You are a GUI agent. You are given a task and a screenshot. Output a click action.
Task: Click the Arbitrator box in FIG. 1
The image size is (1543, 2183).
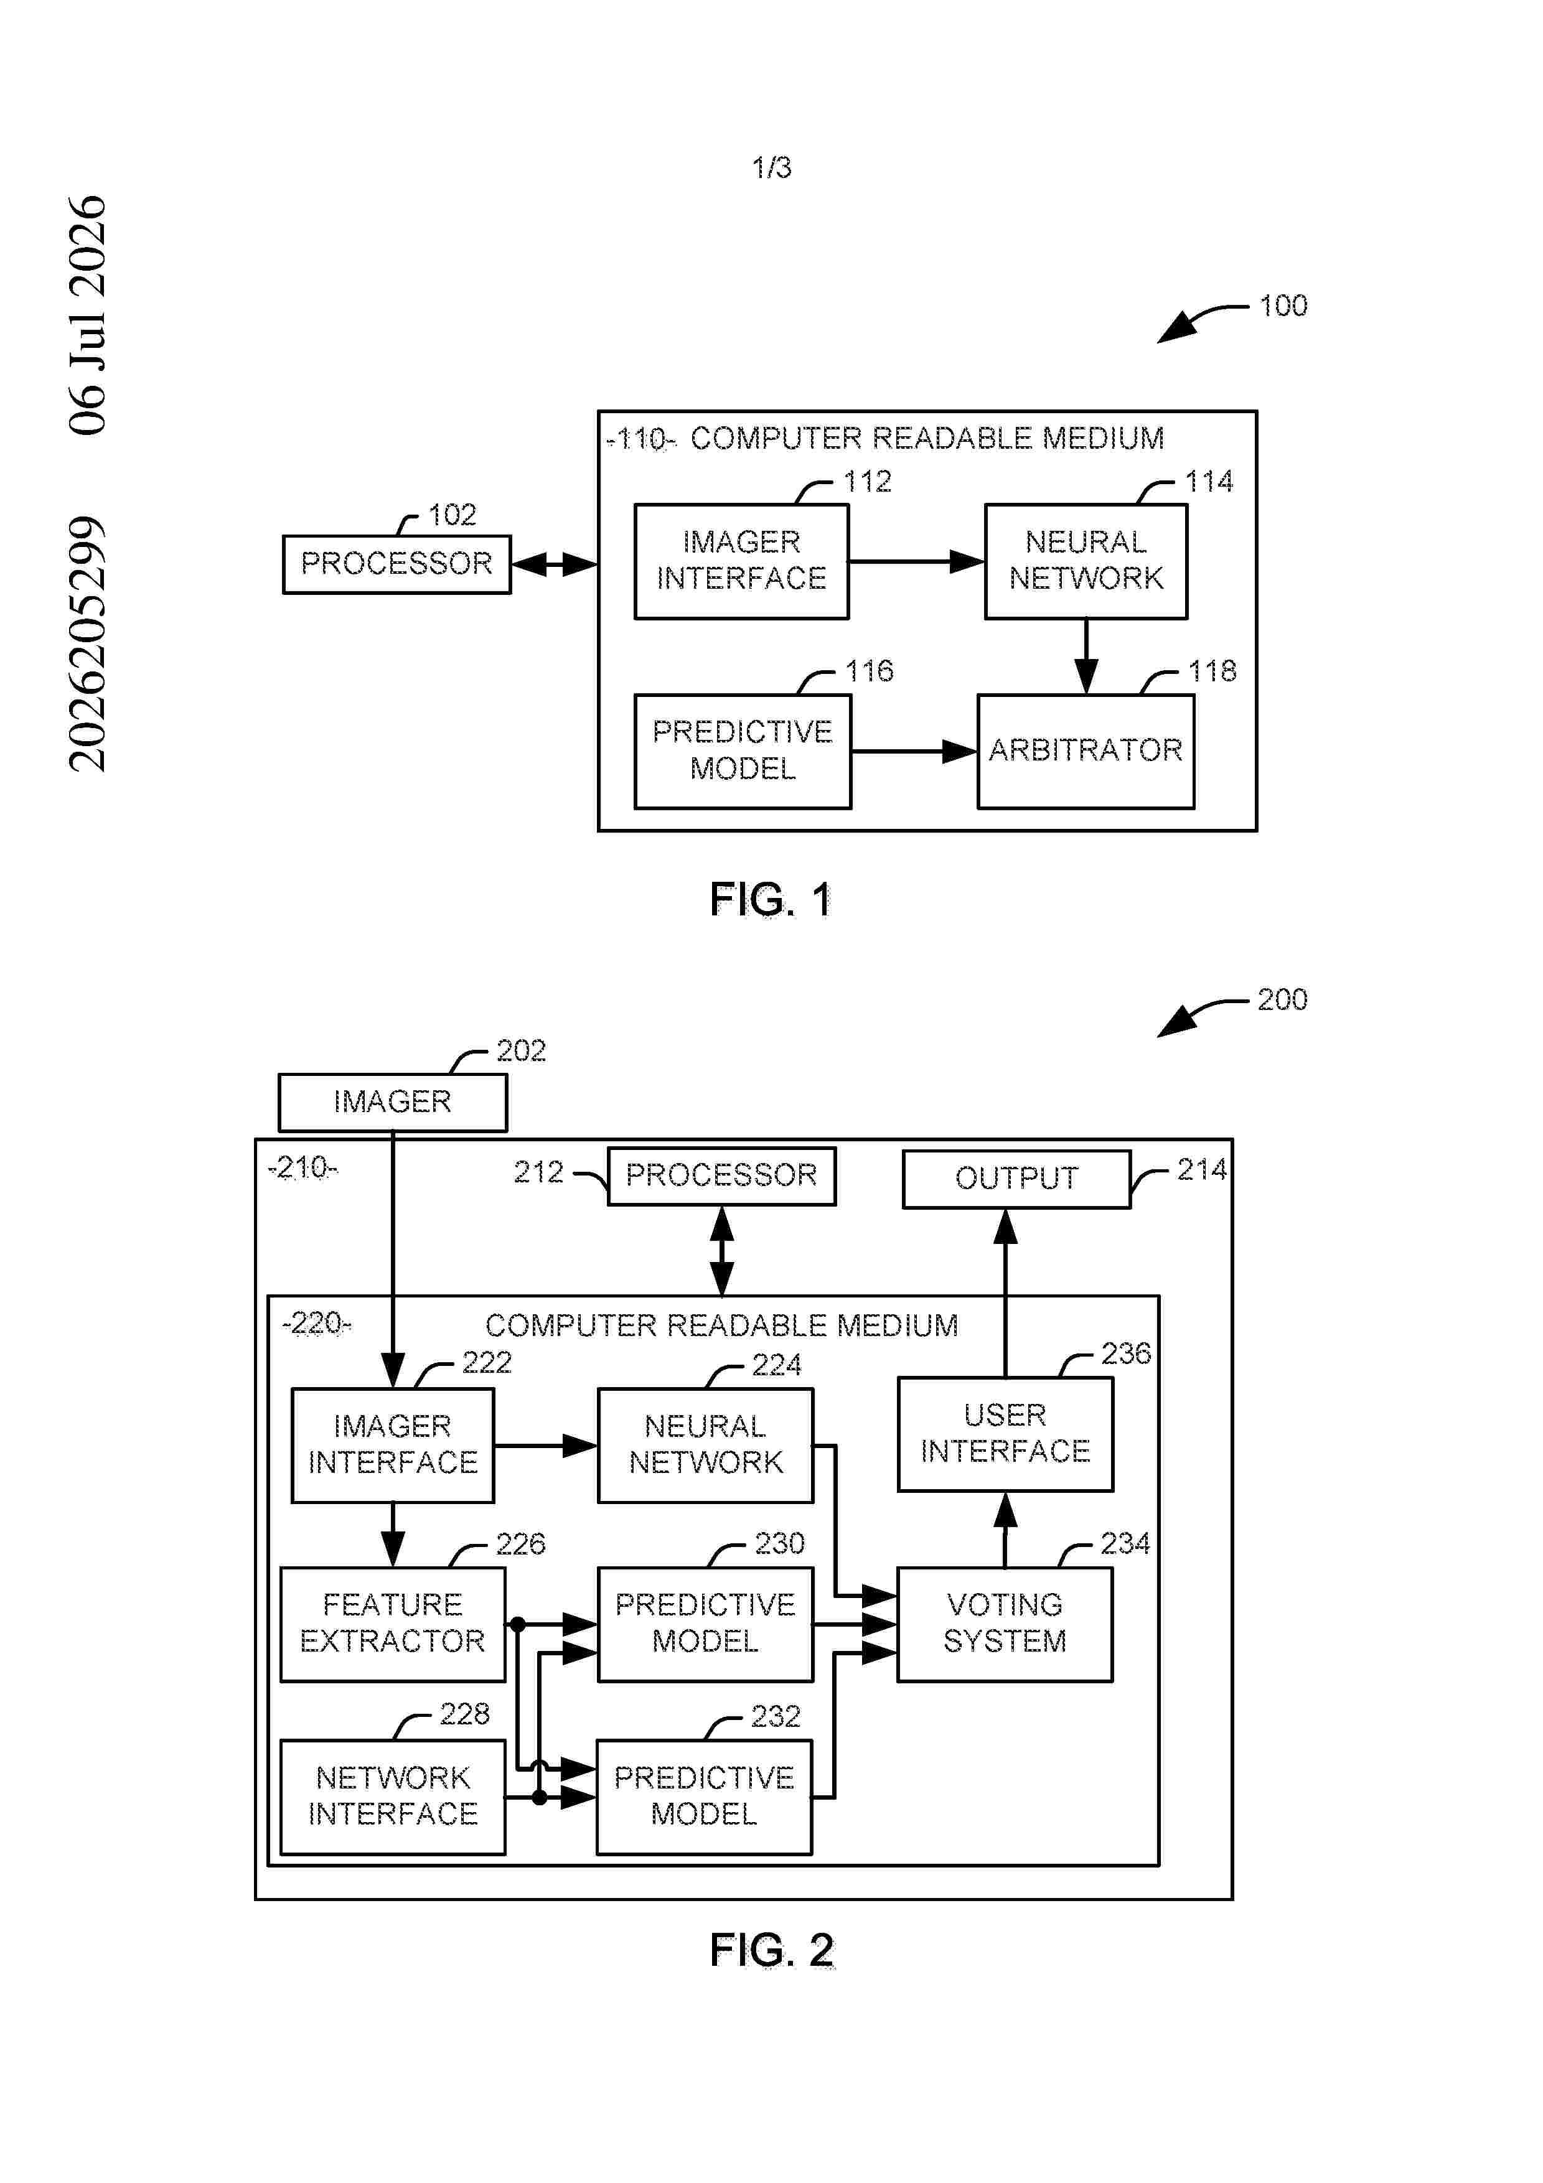point(1086,751)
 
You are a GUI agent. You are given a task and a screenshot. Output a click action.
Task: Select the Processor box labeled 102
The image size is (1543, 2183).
point(396,565)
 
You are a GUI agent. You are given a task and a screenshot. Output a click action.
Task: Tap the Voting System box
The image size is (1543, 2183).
point(1005,1624)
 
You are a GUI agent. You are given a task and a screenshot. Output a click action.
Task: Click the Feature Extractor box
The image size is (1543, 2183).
point(393,1624)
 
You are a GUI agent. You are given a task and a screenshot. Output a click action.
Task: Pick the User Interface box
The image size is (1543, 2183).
point(1005,1434)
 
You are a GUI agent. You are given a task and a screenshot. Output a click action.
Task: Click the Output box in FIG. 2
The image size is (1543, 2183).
point(1016,1179)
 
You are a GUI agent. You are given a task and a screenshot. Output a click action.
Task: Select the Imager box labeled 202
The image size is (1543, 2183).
point(393,1103)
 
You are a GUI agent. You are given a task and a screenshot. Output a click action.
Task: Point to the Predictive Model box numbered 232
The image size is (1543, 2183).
point(705,1797)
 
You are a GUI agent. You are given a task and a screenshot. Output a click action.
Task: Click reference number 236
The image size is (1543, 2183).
point(1125,1353)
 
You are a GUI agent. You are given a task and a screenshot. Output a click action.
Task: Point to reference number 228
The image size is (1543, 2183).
point(464,1714)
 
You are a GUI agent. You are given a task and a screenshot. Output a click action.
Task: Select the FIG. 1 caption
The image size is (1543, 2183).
point(771,899)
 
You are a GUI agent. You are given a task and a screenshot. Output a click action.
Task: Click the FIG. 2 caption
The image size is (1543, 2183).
point(771,1950)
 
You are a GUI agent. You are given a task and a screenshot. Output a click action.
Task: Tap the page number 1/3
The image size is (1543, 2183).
point(771,168)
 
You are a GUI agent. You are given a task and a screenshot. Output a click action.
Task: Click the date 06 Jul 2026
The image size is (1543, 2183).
point(88,316)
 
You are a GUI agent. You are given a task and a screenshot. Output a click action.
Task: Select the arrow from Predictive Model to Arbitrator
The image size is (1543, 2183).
point(914,752)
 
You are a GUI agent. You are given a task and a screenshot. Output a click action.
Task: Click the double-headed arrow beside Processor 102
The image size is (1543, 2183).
point(554,565)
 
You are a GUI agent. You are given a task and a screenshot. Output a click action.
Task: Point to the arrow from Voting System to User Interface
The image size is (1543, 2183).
point(1005,1530)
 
